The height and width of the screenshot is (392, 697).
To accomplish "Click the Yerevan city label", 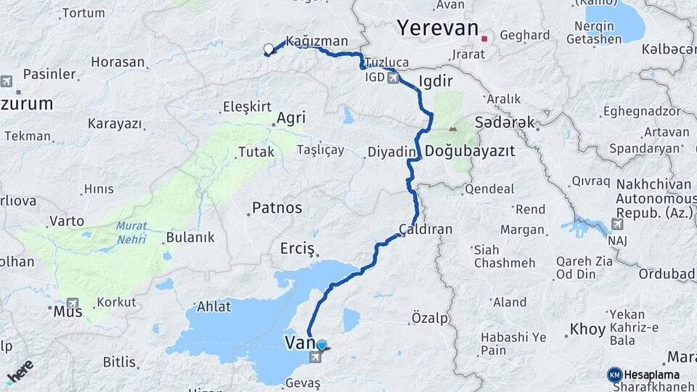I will pyautogui.click(x=437, y=28).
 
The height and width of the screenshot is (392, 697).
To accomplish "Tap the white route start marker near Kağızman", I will pyautogui.click(x=269, y=49).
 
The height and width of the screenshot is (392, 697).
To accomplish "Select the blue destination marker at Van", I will pyautogui.click(x=322, y=346).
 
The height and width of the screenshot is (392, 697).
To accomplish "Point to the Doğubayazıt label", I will pyautogui.click(x=470, y=152).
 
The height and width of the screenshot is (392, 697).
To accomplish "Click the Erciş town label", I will pyautogui.click(x=297, y=249).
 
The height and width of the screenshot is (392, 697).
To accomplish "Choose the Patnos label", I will pyautogui.click(x=277, y=208).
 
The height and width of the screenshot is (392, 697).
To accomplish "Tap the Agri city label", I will pyautogui.click(x=291, y=118).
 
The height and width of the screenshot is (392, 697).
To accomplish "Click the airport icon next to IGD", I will pyautogui.click(x=393, y=78).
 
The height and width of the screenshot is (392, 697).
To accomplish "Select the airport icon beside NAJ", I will pyautogui.click(x=618, y=224).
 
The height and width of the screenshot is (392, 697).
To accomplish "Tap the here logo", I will pyautogui.click(x=20, y=371).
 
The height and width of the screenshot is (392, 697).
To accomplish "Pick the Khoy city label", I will pyautogui.click(x=587, y=330).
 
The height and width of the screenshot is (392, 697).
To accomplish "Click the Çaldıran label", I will pyautogui.click(x=426, y=229).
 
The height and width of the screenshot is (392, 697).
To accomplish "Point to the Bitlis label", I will pyautogui.click(x=119, y=362).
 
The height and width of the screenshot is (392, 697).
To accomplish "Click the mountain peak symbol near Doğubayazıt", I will pyautogui.click(x=453, y=129).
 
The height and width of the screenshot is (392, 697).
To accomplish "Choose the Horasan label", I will pyautogui.click(x=118, y=62).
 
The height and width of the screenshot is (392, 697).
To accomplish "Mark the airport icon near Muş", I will pyautogui.click(x=73, y=303).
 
